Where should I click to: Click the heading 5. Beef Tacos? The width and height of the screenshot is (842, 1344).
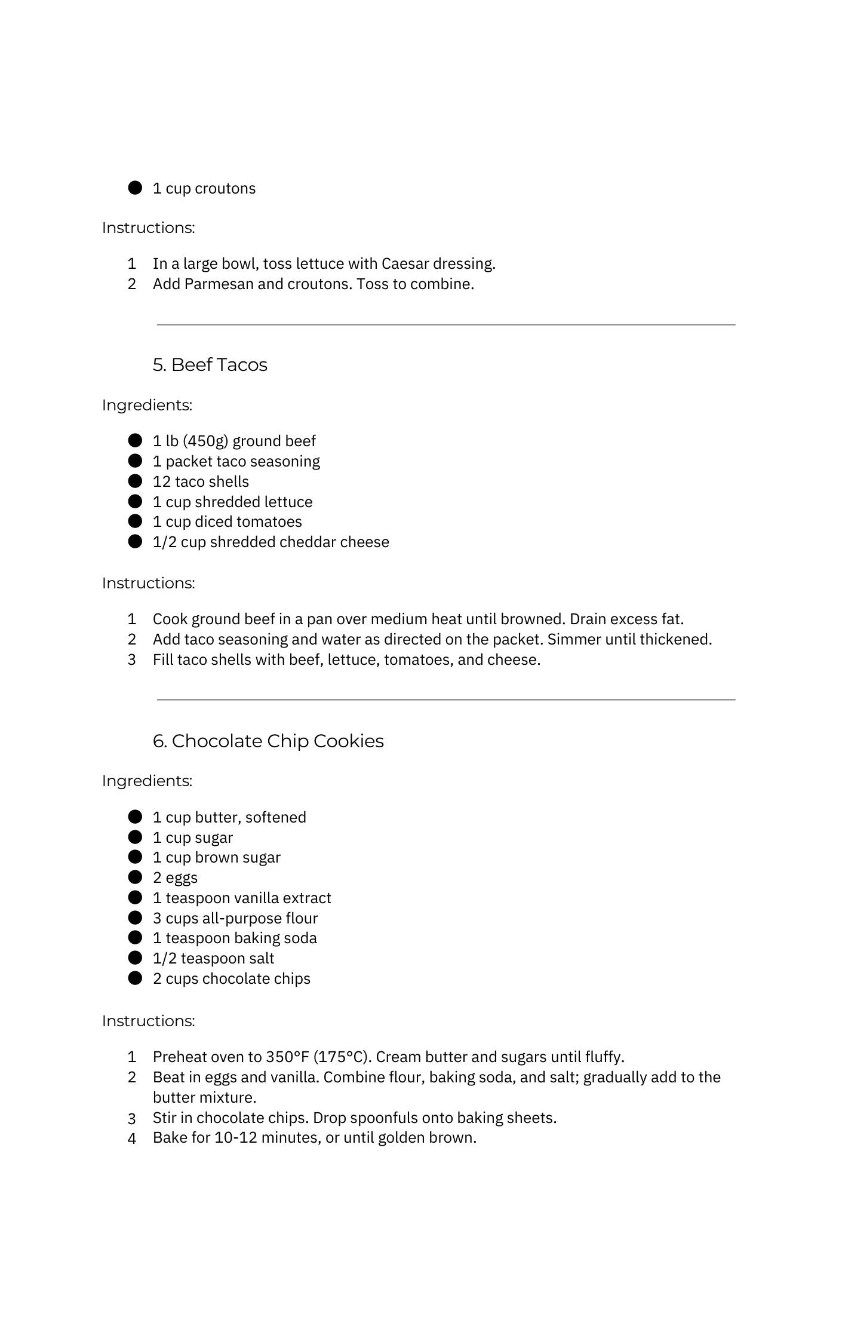click(210, 364)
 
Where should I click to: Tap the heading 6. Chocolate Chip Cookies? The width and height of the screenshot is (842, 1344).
click(268, 741)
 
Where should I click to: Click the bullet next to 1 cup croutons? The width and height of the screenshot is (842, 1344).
click(136, 188)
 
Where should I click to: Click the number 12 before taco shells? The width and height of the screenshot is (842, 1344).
click(161, 481)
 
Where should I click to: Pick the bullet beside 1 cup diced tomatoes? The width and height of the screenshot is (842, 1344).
click(136, 521)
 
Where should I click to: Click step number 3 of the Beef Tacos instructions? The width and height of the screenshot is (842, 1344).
click(132, 659)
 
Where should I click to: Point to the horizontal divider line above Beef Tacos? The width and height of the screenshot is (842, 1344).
click(445, 325)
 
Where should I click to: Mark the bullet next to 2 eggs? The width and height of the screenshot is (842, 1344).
click(136, 877)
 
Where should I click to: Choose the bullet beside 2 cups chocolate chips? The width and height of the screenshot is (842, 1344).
click(136, 978)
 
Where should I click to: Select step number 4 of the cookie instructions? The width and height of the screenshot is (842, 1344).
click(132, 1138)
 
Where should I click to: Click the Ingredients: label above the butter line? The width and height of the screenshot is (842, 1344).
click(147, 781)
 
